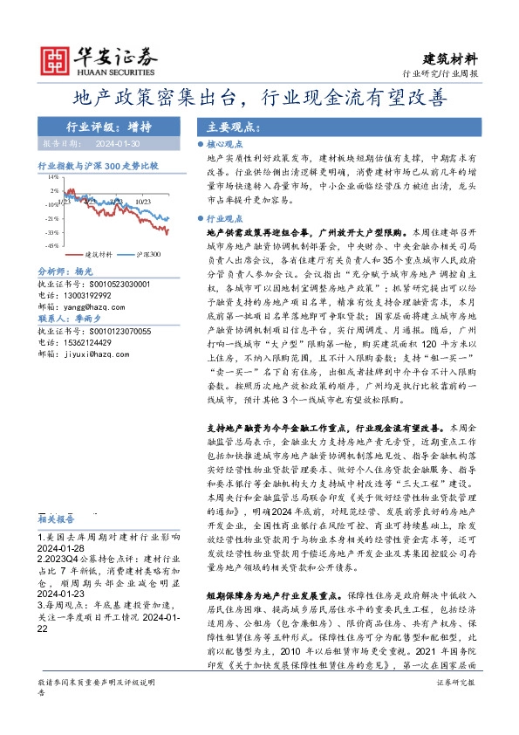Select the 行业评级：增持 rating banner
[x=102, y=126]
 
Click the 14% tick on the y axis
[x=55, y=176]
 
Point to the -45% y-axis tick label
[x=53, y=246]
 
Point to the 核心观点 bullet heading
[x=224, y=143]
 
